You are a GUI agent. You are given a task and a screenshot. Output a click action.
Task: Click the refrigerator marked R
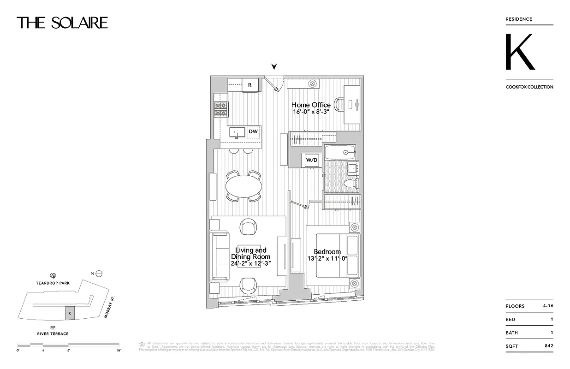tap(250, 85)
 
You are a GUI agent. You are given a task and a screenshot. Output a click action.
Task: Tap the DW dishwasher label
tap(253, 131)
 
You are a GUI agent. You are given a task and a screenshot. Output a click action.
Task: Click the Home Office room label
tap(311, 105)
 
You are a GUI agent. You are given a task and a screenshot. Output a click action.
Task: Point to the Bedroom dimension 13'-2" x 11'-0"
tap(327, 259)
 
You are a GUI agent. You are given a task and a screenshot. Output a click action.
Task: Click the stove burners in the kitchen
tap(221, 109)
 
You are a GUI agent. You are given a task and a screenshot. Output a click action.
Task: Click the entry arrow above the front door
tap(274, 67)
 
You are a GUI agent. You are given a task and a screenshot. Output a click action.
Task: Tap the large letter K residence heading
tap(520, 52)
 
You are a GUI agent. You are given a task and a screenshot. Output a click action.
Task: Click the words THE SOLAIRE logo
tap(62, 23)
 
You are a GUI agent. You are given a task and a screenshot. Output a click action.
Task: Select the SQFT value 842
tap(548, 346)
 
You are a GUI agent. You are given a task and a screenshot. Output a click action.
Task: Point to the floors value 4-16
tap(548, 306)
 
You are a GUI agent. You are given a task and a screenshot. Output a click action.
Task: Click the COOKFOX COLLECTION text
tap(529, 87)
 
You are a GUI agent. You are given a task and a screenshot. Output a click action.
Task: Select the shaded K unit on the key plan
tap(69, 312)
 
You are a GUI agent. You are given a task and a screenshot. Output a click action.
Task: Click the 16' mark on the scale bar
tap(119, 351)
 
